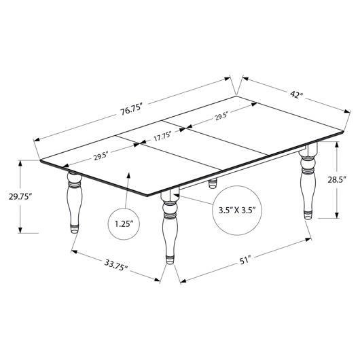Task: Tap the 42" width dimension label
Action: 296,94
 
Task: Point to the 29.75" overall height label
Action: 20,196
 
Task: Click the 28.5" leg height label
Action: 337,179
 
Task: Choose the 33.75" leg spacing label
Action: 116,265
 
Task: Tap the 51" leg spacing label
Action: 246,261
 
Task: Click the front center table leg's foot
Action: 170,259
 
